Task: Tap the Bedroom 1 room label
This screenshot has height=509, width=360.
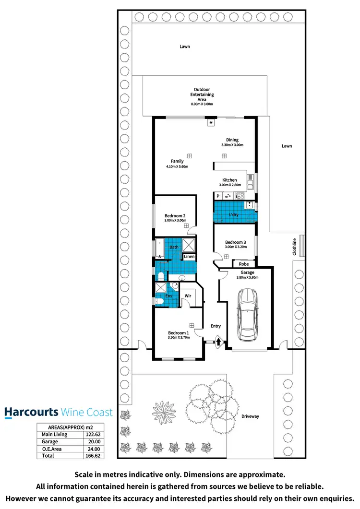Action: point(178,332)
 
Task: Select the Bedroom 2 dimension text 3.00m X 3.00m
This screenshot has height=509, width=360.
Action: point(175,221)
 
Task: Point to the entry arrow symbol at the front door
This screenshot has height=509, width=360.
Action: point(218,342)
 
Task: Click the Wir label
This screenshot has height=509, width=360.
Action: point(188,296)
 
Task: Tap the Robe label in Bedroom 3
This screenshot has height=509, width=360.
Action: point(243,264)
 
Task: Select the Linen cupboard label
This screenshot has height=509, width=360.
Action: point(189,257)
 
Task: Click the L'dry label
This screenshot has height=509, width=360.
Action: point(234,214)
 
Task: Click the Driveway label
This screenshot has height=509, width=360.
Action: point(250,416)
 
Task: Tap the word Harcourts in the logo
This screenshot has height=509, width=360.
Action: point(32,412)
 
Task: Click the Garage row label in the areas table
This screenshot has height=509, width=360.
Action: point(49,442)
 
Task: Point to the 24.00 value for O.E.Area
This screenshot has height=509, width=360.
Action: point(95,449)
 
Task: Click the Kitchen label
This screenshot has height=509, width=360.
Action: point(229,180)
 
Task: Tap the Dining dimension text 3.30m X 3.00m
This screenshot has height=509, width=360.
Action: point(232,145)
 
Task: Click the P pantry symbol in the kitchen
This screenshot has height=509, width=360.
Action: point(218,196)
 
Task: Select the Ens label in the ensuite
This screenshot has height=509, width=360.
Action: point(169,296)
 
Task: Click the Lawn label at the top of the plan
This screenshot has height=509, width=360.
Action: point(185,47)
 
